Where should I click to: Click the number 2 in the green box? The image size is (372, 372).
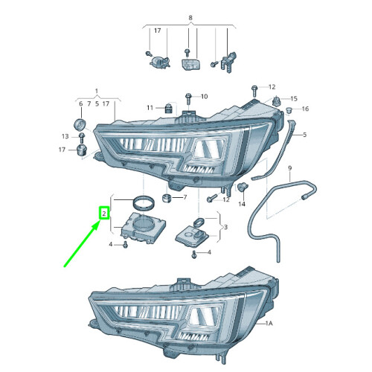tap(105, 214)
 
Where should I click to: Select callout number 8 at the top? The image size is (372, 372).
tap(190, 16)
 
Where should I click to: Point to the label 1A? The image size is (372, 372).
tap(269, 324)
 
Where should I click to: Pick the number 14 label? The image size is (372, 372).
tap(242, 204)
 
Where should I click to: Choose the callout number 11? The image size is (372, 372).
tap(150, 108)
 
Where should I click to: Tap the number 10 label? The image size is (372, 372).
tap(204, 96)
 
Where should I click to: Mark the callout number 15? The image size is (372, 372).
tap(294, 99)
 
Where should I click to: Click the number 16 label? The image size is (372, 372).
tap(305, 109)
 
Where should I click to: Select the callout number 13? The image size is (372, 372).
tap(65, 136)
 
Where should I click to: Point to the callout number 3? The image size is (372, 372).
tap(225, 227)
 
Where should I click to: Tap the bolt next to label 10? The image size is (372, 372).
tap(187, 97)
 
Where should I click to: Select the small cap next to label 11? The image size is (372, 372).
tap(169, 109)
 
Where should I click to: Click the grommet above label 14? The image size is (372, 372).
tap(242, 187)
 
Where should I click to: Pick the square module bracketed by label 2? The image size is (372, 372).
tap(143, 227)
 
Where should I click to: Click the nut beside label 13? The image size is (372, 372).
tap(80, 136)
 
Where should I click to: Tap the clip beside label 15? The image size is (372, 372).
tap(278, 100)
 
